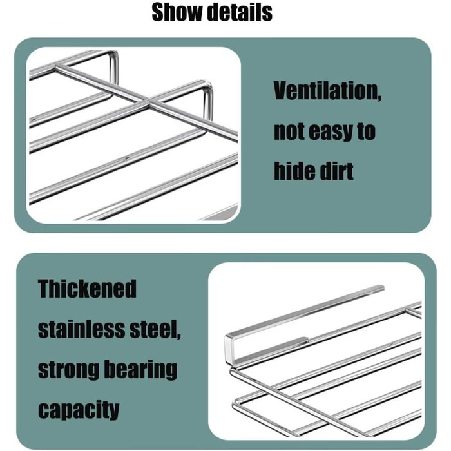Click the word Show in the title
pyautogui.click(x=177, y=12)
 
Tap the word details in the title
pyautogui.click(x=240, y=12)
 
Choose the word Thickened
pyautogui.click(x=87, y=289)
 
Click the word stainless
pyautogui.click(x=82, y=329)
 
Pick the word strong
pyautogui.click(x=68, y=370)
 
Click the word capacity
pyautogui.click(x=79, y=410)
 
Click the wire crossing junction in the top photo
pyautogui.click(x=149, y=101)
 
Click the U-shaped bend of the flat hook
pyautogui.click(x=228, y=347)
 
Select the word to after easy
pyautogui.click(x=367, y=131)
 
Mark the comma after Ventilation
pyautogui.click(x=379, y=98)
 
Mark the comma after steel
pyautogui.click(x=179, y=336)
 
